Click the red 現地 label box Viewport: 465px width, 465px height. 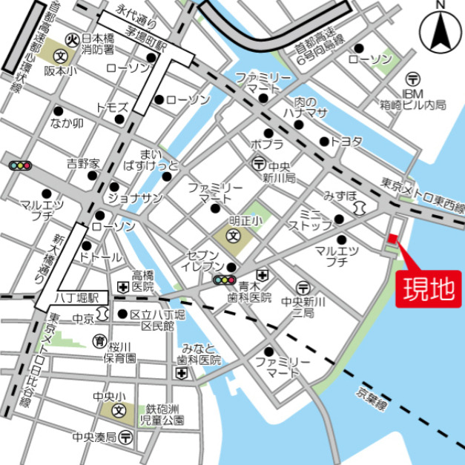click(x=428, y=288)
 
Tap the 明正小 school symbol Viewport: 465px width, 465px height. click(x=232, y=237)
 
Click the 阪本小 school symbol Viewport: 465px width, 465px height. click(x=58, y=55)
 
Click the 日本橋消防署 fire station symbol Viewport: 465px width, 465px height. click(x=72, y=39)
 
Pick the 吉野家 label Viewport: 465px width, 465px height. click(x=83, y=162)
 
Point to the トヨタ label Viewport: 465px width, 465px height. click(x=346, y=141)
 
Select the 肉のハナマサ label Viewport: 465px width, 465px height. click(x=305, y=107)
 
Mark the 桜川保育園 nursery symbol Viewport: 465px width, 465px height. click(x=99, y=341)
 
